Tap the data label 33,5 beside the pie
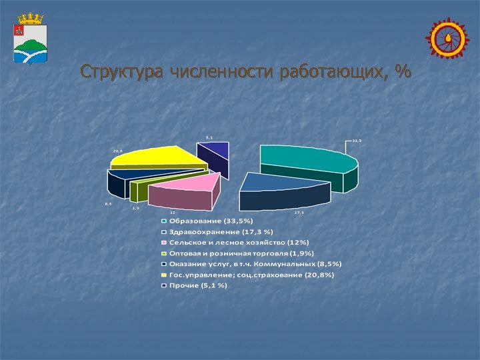pyautogui.click(x=357, y=141)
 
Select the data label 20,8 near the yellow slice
pyautogui.click(x=117, y=151)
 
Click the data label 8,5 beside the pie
pyautogui.click(x=108, y=204)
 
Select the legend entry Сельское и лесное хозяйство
pyautogui.click(x=239, y=242)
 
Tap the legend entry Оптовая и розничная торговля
pyautogui.click(x=241, y=253)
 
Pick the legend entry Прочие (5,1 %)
pyautogui.click(x=197, y=285)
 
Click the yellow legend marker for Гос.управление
pyautogui.click(x=163, y=275)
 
